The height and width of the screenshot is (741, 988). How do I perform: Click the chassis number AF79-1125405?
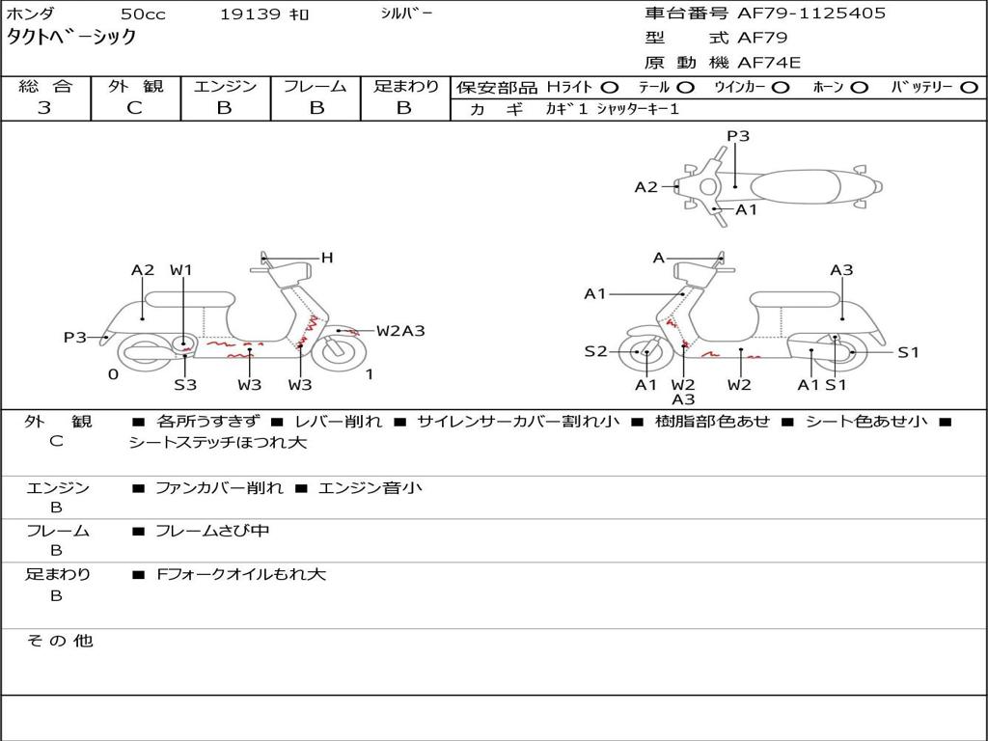810,14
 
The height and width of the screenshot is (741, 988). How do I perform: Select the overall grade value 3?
44,108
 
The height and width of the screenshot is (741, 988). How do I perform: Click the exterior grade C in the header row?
134,108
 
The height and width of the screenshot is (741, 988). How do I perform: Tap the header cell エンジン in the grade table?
225,86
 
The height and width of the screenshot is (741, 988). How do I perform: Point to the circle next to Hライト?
610,88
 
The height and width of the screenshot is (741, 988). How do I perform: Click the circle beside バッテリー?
969,88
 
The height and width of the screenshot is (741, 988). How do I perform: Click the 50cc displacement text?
143,14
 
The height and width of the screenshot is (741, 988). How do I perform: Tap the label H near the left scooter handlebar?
326,257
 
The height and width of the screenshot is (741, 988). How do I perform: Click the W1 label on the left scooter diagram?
180,270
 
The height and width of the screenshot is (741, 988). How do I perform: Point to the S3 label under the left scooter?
185,384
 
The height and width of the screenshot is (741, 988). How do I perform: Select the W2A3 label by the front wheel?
400,331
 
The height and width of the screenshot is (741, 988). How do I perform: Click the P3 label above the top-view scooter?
738,135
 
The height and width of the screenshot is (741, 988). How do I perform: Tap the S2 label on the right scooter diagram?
595,351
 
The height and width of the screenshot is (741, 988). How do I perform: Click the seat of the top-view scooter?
795,187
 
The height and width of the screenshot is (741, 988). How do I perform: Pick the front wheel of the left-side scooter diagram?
339,352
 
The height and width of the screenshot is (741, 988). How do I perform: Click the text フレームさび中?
212,532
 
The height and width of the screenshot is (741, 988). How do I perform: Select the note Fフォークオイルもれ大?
241,575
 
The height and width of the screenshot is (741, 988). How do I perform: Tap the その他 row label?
59,641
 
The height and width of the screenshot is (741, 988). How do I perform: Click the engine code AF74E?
769,63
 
